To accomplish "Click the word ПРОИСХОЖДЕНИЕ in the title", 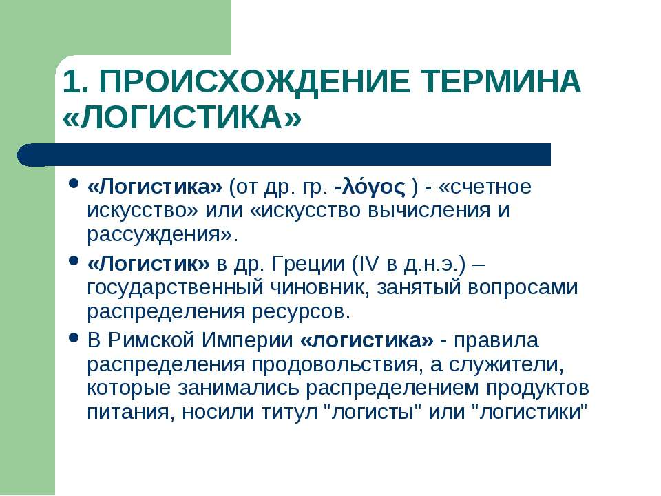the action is tap(255, 81).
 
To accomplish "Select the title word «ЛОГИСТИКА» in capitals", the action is tap(182, 116).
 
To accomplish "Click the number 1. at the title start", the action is tap(76, 81).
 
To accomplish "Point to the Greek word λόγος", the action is tap(373, 187).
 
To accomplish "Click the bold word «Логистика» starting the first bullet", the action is tap(154, 187).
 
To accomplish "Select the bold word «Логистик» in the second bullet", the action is tap(148, 264).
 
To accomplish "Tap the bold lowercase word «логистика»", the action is tap(367, 340).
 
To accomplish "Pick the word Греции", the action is tap(308, 265).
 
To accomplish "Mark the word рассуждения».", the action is tap(162, 235).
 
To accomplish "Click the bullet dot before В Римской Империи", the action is tap(74, 338).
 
